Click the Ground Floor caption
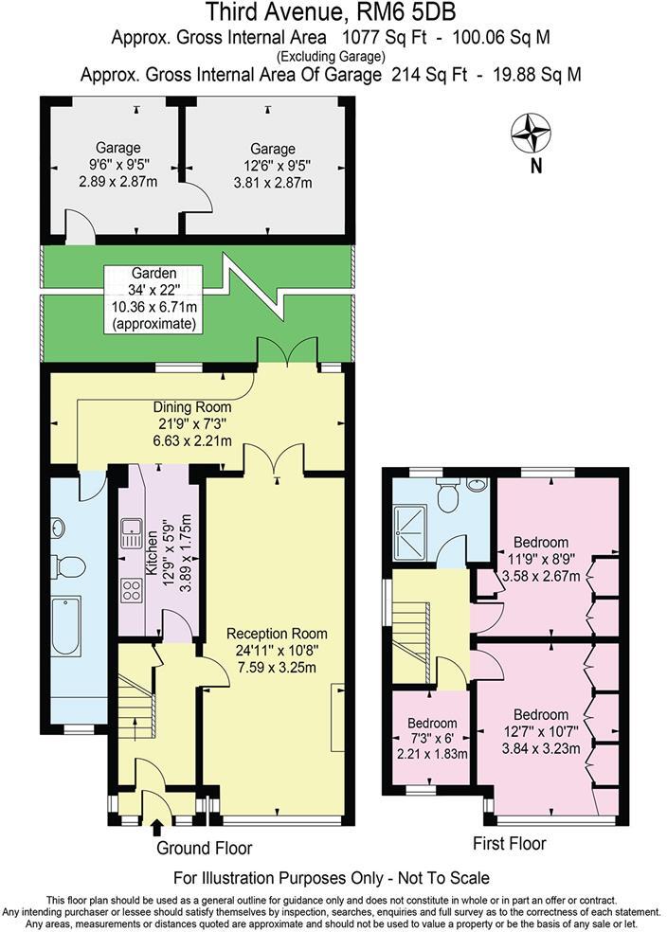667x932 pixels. click(x=204, y=848)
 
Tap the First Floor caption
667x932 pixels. click(x=508, y=843)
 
